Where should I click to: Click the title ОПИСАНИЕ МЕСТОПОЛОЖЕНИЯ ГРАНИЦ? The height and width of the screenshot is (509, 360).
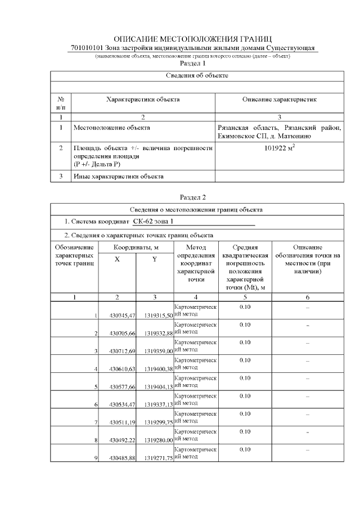pos(192,39)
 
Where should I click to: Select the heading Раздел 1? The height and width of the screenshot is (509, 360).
pos(193,64)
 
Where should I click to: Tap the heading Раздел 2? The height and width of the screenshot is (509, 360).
pos(193,197)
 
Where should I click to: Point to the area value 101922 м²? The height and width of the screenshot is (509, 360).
pos(280,149)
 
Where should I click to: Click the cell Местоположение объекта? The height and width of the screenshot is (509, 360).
pos(112,128)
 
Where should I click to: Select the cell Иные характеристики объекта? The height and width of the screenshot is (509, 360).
pos(119,177)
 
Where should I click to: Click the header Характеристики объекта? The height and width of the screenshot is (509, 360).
pos(143,100)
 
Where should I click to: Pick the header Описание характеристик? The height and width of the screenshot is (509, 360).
pos(280,100)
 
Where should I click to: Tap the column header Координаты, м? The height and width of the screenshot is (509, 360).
pos(136,247)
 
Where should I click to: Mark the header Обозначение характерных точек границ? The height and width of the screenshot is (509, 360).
pos(74,255)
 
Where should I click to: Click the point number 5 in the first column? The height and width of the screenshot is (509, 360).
pos(96,387)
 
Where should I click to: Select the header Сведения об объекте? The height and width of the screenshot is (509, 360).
pos(197,75)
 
